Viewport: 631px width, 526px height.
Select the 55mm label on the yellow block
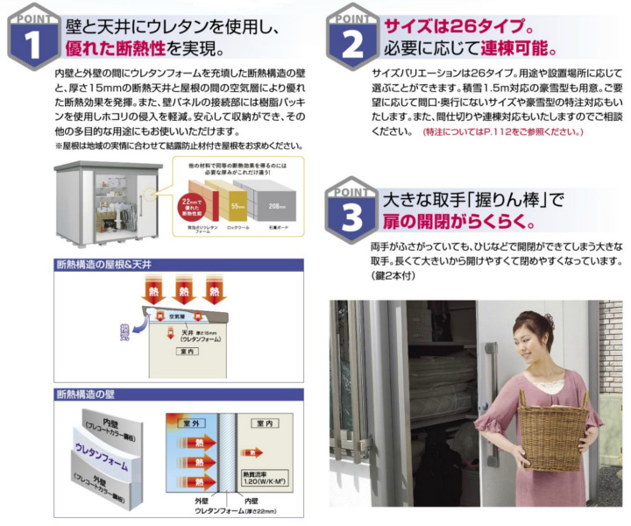(x=237, y=207)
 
